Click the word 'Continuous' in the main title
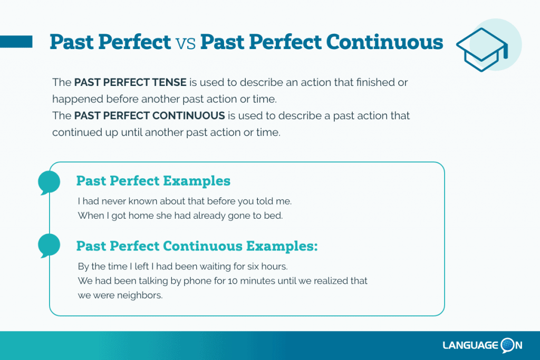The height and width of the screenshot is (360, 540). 384,42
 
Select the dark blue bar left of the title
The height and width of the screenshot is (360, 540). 16,42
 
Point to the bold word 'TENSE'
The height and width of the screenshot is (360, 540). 170,82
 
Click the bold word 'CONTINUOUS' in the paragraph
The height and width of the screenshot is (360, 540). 188,115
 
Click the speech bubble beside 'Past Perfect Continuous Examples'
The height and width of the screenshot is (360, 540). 49,246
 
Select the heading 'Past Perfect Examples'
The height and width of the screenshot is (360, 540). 153,181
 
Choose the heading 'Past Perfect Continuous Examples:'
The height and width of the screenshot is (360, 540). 197,246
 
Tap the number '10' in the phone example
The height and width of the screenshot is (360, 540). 233,281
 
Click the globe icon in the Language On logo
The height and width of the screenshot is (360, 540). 508,345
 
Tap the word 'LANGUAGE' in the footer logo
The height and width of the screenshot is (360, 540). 471,345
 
